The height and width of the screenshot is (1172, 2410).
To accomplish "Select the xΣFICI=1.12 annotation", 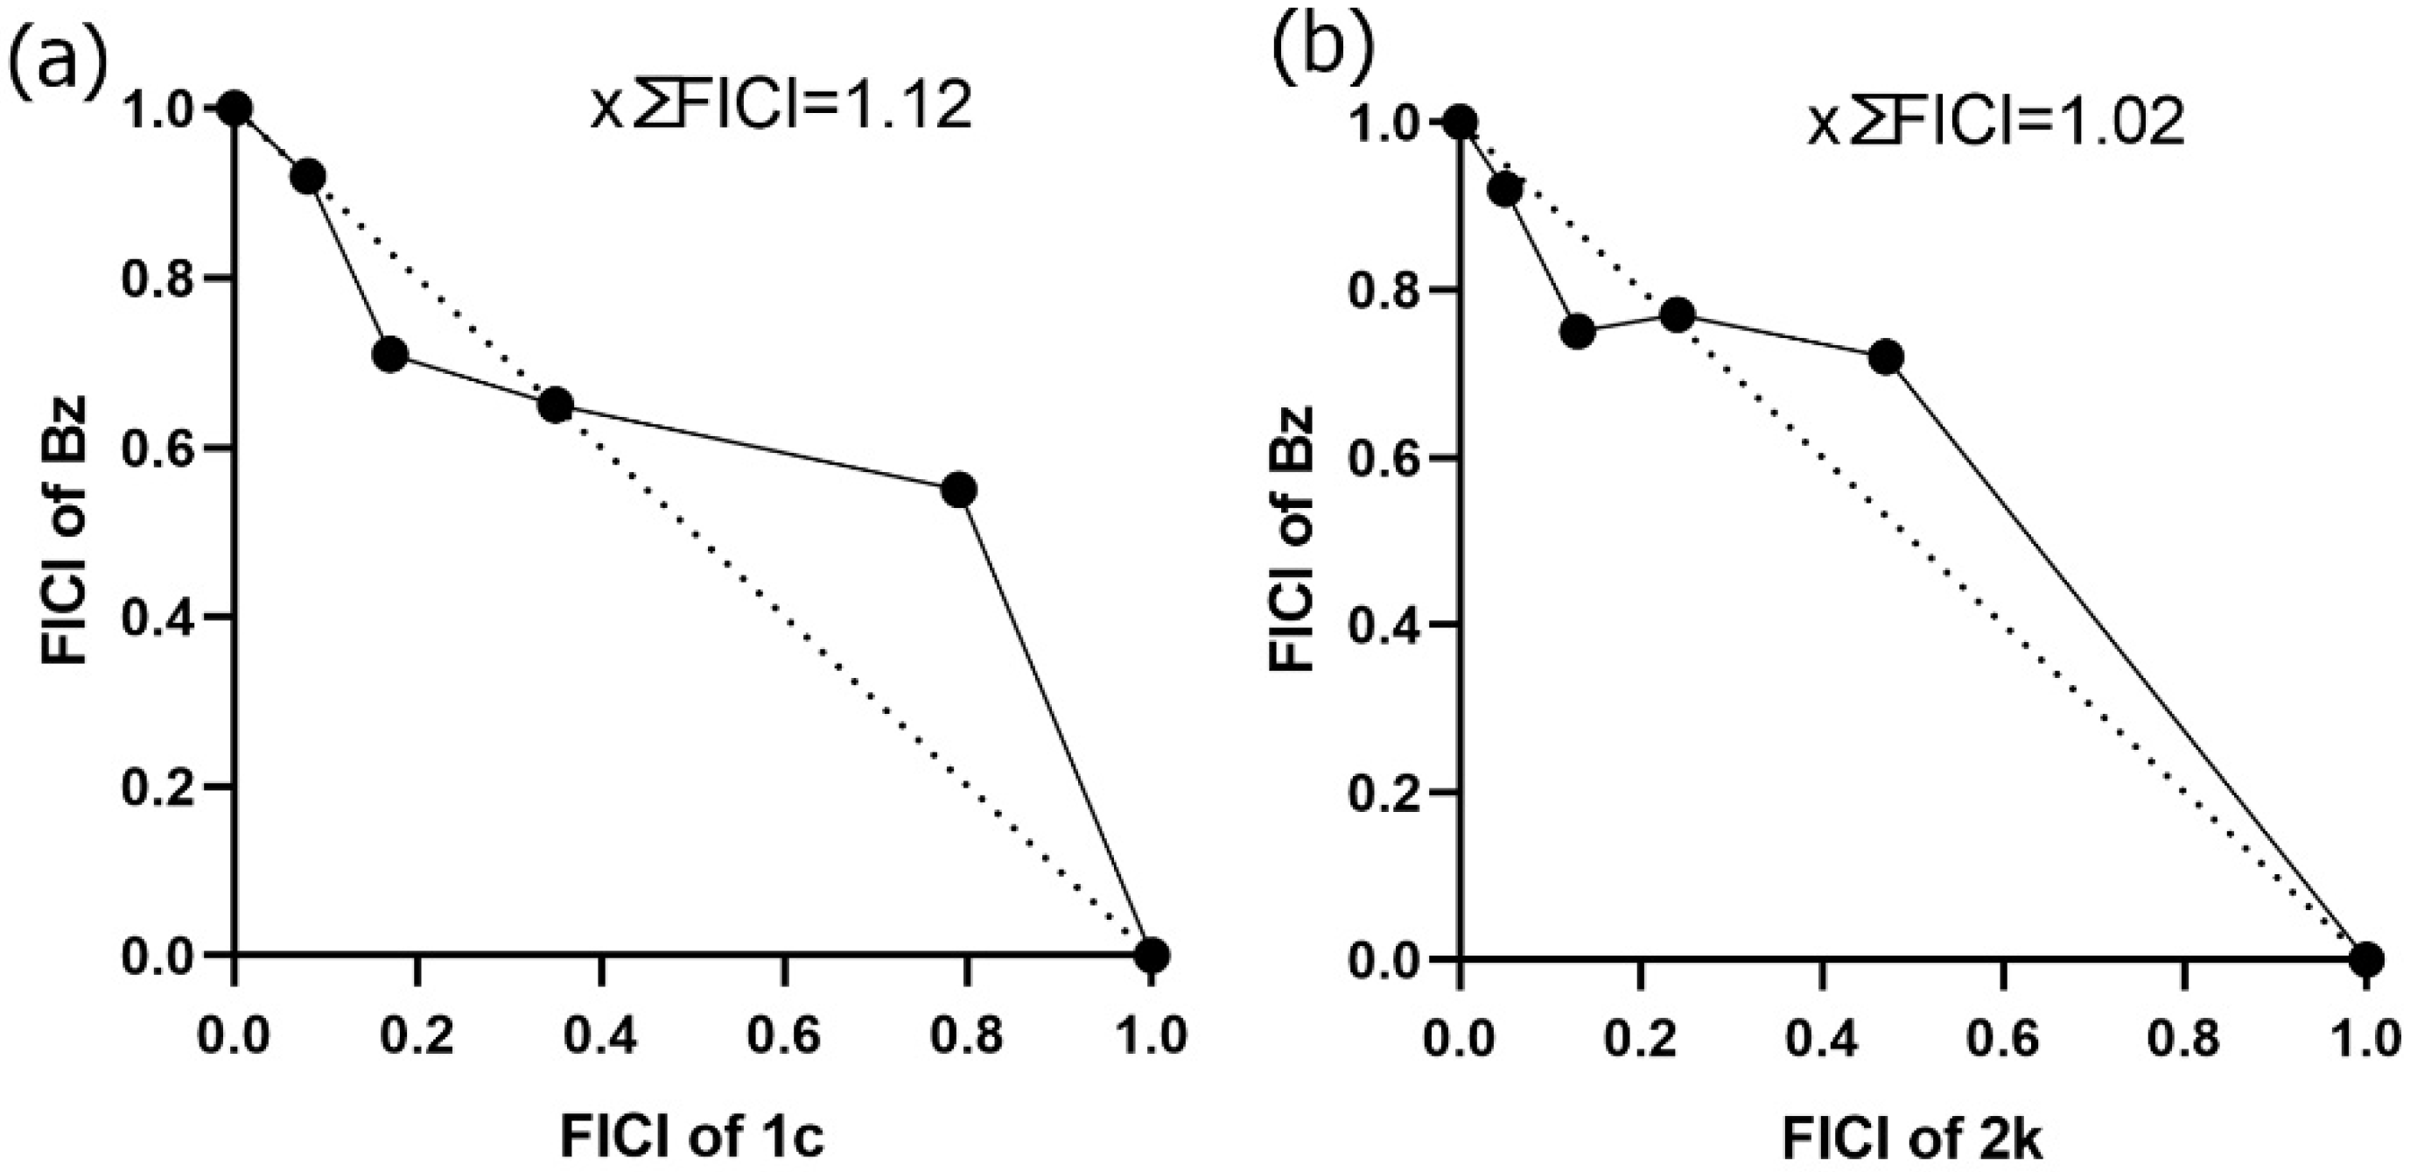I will point(782,108).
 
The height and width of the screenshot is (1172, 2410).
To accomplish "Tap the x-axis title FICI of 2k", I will point(1912,1140).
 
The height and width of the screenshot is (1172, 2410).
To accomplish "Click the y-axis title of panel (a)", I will point(64,530).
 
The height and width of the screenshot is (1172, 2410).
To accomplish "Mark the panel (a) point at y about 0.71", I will point(390,355).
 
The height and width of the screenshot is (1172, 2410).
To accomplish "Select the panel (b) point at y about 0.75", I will point(1578,331).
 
